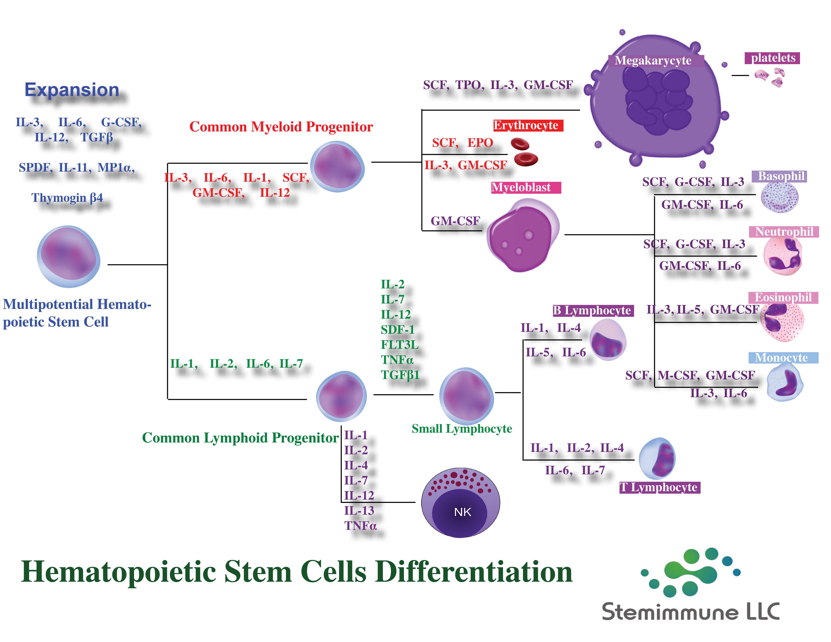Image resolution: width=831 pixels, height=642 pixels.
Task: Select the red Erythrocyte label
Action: click(528, 125)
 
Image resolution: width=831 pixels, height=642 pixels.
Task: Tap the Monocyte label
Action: click(783, 358)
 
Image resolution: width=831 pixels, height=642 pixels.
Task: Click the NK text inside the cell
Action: click(462, 512)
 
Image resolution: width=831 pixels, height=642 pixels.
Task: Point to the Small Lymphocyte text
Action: click(462, 429)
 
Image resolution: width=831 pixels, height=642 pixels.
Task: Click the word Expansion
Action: click(72, 90)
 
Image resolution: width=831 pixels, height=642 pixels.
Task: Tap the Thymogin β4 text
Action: click(67, 198)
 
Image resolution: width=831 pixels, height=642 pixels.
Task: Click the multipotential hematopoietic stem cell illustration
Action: click(69, 257)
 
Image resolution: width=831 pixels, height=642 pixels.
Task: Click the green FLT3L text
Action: click(399, 345)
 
